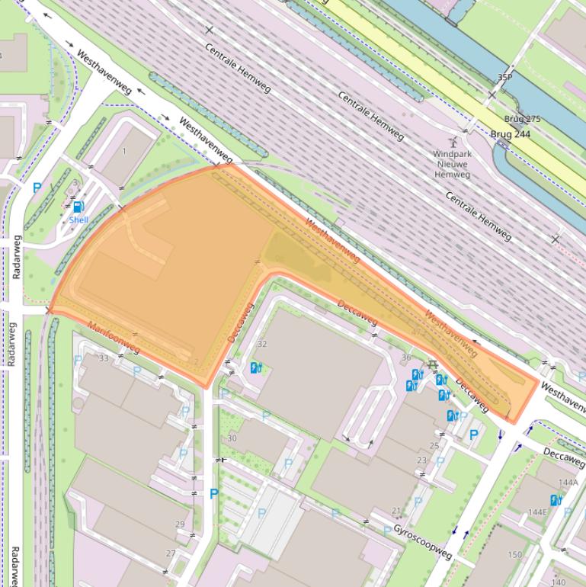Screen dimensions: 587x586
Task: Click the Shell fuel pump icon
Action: tap(78, 207)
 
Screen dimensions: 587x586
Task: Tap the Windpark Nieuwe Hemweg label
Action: tap(452, 164)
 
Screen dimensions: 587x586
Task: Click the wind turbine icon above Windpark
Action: tap(453, 141)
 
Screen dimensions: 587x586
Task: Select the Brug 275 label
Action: tap(522, 120)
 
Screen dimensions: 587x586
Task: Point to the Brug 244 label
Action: tap(511, 134)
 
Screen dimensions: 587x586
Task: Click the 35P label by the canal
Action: tap(504, 78)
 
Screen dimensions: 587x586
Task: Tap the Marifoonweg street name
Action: tap(114, 338)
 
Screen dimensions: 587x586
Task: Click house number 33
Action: tap(104, 358)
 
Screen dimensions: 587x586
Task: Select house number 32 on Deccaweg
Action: tap(262, 344)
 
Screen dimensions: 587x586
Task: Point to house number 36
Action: tap(406, 358)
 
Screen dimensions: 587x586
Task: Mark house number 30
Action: tap(232, 438)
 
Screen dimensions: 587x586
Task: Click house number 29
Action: tap(180, 524)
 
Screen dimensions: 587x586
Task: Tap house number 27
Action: tap(171, 553)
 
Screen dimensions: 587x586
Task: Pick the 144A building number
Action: tap(568, 483)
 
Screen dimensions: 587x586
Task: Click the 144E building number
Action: tap(537, 512)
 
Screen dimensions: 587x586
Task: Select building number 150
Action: tap(515, 554)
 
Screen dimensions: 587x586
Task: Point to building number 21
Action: tap(395, 511)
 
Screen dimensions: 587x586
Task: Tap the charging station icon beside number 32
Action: tap(256, 367)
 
